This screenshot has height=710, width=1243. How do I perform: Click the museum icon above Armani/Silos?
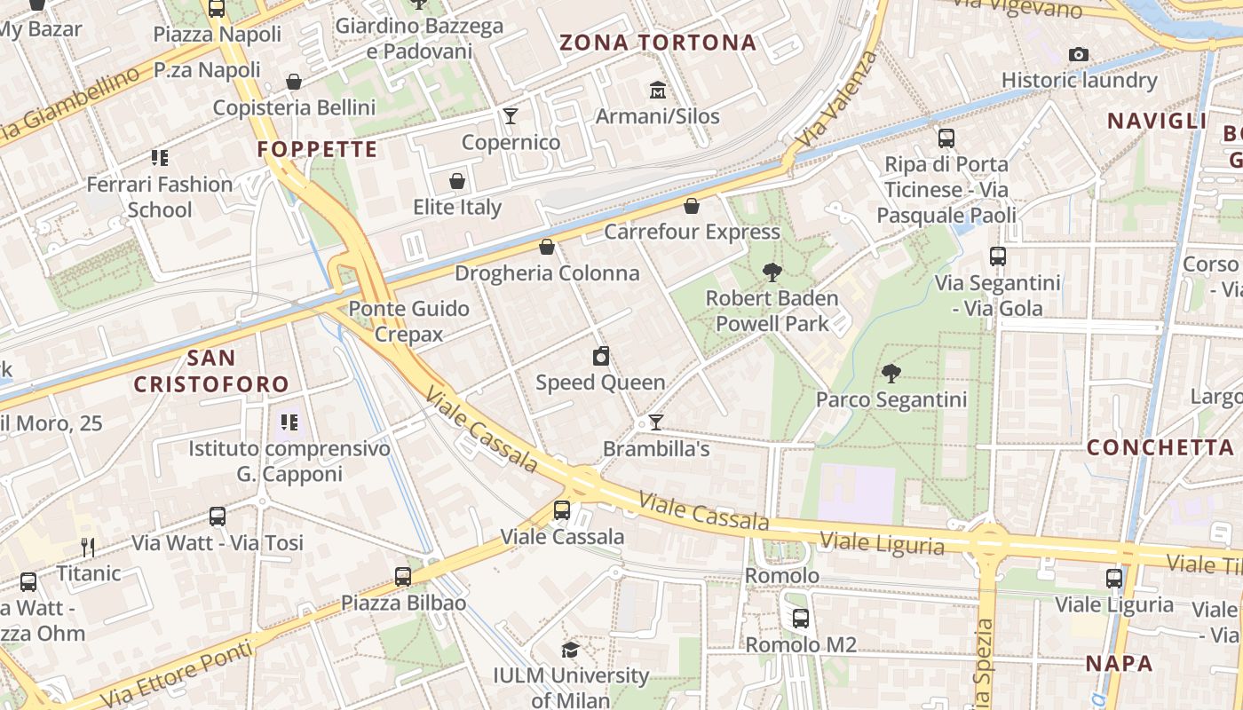[657, 90]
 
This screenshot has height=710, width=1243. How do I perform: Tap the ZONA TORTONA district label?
[658, 43]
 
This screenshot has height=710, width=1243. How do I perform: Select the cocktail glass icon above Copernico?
[511, 115]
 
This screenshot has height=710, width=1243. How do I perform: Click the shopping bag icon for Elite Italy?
[457, 181]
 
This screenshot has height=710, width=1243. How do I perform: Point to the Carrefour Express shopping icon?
[692, 206]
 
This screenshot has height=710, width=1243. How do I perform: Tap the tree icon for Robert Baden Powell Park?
[772, 272]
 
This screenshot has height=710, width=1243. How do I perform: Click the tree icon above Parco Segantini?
[891, 374]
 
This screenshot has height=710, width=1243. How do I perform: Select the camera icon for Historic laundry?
[1079, 54]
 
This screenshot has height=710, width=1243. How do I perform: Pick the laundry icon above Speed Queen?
[601, 357]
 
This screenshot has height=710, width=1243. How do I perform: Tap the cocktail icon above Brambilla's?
[656, 422]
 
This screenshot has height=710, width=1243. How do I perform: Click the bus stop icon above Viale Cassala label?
[562, 510]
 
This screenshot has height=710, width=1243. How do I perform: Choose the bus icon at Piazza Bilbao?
[403, 577]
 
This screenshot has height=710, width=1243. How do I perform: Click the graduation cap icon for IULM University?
[571, 650]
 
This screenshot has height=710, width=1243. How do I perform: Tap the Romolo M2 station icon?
[801, 619]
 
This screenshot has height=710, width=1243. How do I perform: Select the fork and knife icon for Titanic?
[88, 547]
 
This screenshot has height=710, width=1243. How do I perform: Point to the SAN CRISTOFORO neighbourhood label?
[211, 371]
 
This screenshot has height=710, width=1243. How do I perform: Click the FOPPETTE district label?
[318, 149]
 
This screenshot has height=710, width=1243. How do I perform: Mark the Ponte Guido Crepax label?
[409, 321]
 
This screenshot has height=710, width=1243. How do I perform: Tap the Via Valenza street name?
[837, 99]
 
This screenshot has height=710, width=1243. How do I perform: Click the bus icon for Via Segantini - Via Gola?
[998, 256]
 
